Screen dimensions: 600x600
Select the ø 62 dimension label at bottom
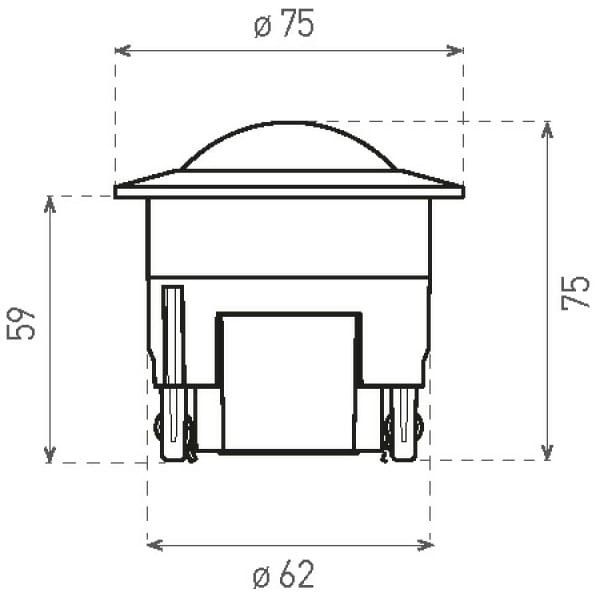[284, 575]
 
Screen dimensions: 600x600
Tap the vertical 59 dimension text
[24, 323]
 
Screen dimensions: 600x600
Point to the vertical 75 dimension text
[576, 292]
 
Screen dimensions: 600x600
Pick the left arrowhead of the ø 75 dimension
[121, 49]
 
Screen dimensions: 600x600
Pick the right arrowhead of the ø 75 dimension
[457, 49]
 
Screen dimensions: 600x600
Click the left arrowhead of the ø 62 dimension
[153, 545]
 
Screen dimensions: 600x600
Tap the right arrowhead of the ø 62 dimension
[426, 545]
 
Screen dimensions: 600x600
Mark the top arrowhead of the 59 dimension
[50, 203]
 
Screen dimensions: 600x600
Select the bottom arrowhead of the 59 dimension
[50, 456]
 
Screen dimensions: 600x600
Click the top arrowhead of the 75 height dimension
[547, 128]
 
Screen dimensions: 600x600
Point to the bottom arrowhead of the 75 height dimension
[547, 454]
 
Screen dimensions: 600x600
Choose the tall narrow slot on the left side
[172, 335]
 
